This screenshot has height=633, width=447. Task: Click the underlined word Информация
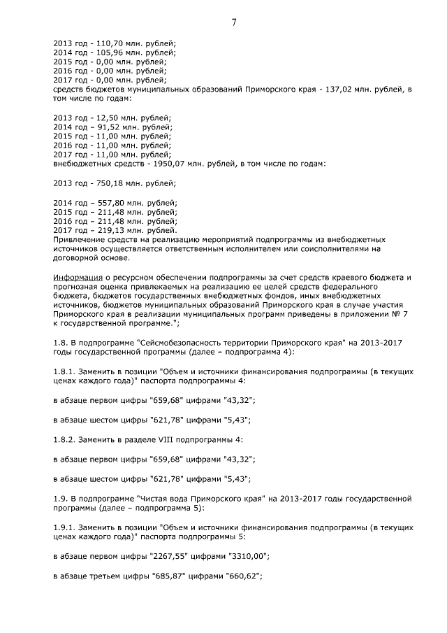[x=78, y=278]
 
